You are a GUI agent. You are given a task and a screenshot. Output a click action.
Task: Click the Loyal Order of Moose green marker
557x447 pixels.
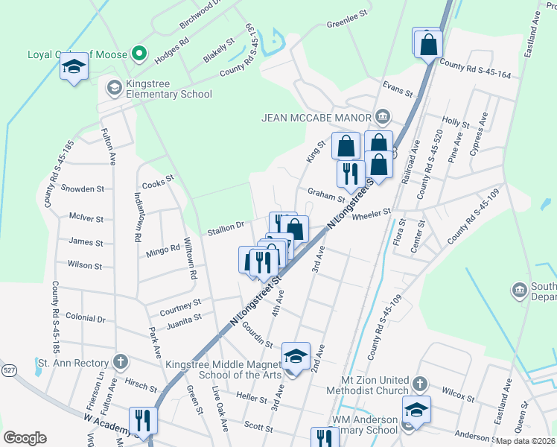(138, 54)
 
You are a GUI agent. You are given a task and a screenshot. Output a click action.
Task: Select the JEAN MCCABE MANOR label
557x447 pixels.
(316, 117)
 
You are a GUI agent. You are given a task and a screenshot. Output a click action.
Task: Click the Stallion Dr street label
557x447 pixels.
(226, 226)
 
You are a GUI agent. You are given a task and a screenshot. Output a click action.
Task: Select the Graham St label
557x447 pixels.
(326, 194)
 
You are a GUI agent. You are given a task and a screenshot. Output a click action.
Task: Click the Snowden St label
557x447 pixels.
(81, 188)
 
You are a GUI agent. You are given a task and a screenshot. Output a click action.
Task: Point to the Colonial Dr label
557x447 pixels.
(86, 318)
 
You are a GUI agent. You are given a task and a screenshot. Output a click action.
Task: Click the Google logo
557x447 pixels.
(25, 438)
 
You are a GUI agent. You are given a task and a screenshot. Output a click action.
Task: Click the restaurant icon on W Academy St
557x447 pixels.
(143, 420)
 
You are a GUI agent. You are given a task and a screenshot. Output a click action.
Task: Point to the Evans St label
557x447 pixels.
(397, 89)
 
